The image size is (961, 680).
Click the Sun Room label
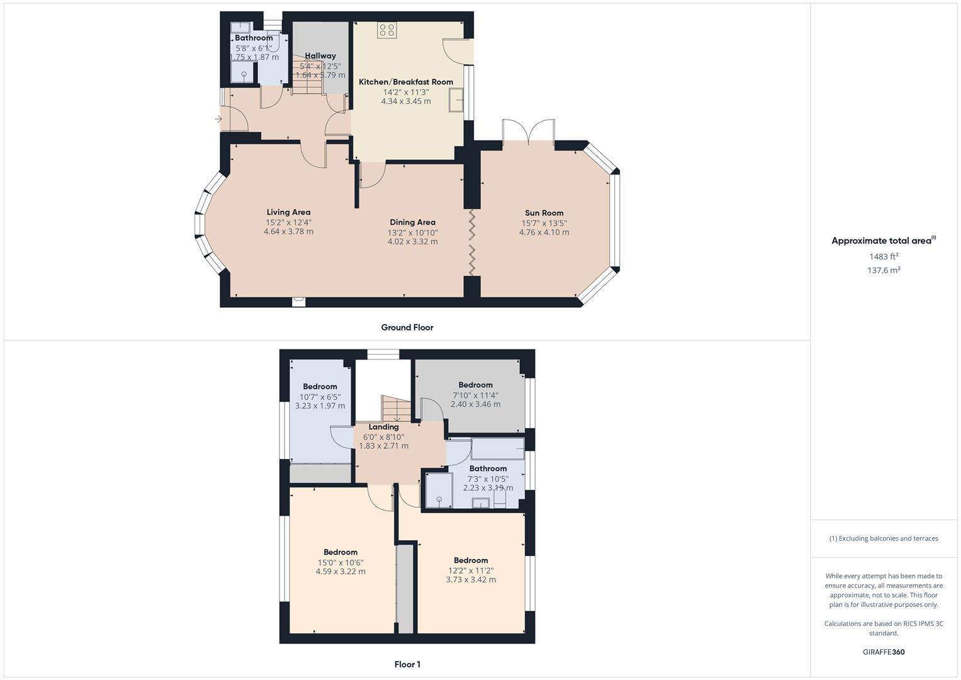click(544, 213)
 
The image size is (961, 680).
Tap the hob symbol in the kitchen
click(386, 30)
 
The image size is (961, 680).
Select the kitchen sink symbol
click(456, 99)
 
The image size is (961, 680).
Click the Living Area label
click(288, 212)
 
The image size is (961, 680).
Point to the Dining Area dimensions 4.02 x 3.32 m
click(412, 242)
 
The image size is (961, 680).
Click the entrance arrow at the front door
click(218, 118)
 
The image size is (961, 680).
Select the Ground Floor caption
click(407, 327)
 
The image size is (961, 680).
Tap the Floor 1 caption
click(407, 664)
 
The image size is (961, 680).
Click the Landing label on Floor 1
click(383, 427)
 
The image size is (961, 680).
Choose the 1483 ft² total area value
click(884, 256)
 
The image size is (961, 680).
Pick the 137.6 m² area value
click(884, 270)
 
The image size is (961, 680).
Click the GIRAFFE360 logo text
click(883, 652)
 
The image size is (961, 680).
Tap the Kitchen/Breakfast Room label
click(406, 82)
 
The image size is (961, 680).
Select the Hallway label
click(320, 56)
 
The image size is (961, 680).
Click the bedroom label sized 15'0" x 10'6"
click(340, 552)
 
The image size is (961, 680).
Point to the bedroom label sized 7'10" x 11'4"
click(475, 385)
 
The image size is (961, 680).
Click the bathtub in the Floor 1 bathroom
click(497, 449)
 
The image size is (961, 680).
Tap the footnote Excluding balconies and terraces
click(884, 538)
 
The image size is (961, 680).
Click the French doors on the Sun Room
click(529, 132)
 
